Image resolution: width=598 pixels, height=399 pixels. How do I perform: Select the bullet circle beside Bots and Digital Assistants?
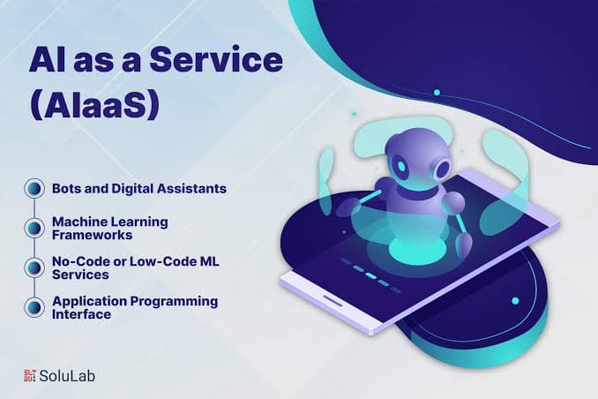(x=34, y=189)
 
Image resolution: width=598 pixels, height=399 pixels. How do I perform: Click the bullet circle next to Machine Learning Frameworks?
(x=34, y=228)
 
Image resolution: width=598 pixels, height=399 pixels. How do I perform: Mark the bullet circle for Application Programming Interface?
(x=34, y=307)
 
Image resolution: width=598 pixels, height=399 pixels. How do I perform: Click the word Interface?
(x=81, y=313)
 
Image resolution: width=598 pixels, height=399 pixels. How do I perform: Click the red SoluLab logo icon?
(x=29, y=375)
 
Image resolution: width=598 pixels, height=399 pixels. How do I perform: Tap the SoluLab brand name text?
(x=69, y=375)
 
